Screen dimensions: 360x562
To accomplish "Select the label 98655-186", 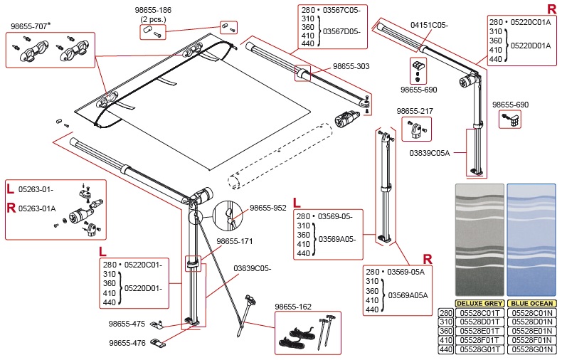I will point(153,11).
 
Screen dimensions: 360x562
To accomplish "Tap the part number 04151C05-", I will point(429,25).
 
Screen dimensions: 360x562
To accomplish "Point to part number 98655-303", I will point(351,65).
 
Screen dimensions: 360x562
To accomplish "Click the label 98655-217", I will point(415,112).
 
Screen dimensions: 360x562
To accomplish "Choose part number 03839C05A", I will point(430,152).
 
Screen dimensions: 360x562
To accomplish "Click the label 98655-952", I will point(267,208).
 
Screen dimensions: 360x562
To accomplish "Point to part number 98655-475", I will point(127,324).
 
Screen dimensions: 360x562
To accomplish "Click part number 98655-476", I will point(127,342).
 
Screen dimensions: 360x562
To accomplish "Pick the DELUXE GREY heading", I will point(479,303).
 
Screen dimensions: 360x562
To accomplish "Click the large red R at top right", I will point(551,9).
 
